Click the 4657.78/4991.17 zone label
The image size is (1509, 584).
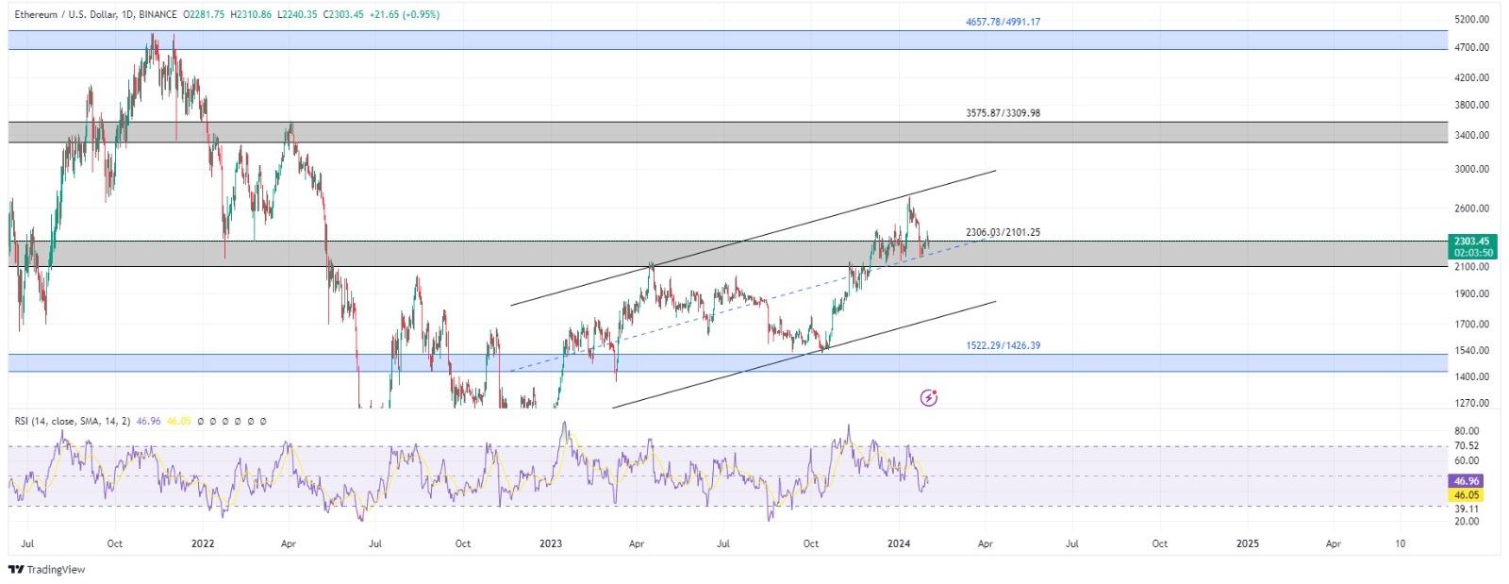click(x=1003, y=22)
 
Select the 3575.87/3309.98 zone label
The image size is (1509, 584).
click(x=1003, y=113)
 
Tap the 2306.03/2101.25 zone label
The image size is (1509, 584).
click(x=1003, y=232)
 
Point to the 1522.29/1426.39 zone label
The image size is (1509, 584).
click(x=1003, y=345)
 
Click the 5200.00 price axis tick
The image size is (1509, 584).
click(x=1471, y=19)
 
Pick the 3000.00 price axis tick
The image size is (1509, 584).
click(x=1471, y=169)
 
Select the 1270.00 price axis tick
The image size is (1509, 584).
click(x=1471, y=403)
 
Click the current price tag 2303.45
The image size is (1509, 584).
click(x=1472, y=242)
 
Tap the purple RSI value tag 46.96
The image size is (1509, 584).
click(x=1468, y=481)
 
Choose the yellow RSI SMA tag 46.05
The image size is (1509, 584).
click(x=1468, y=494)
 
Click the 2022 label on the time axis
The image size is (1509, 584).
click(x=203, y=543)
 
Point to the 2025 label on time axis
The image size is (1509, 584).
click(x=1247, y=543)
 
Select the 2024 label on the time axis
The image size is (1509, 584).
click(x=899, y=543)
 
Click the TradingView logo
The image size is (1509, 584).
click(x=46, y=569)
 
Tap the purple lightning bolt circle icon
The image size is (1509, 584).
click(x=929, y=397)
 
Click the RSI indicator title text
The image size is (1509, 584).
click(x=74, y=421)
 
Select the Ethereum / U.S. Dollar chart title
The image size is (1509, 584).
click(x=63, y=15)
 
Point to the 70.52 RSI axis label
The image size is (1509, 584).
click(x=1466, y=445)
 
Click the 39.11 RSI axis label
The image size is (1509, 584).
click(x=1466, y=509)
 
